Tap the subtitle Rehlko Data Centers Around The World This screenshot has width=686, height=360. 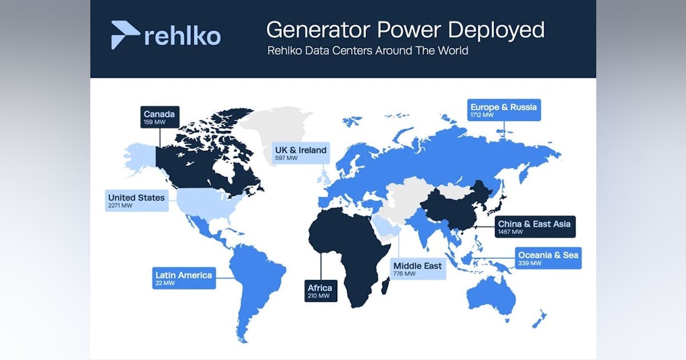[368, 50]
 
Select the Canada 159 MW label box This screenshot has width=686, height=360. [160, 117]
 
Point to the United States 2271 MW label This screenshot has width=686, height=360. [137, 201]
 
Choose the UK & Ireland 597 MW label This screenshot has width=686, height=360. [301, 153]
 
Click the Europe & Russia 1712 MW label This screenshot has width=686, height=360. [504, 110]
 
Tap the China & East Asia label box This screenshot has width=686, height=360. [535, 227]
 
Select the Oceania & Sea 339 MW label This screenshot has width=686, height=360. [548, 258]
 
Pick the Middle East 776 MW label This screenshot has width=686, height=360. [418, 269]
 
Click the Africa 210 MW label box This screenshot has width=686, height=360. [321, 291]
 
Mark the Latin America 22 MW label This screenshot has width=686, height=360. [184, 278]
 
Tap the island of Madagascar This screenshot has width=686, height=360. [385, 286]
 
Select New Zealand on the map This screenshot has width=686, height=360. [540, 319]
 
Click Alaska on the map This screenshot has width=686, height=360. [140, 158]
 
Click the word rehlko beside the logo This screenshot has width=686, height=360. [182, 37]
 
